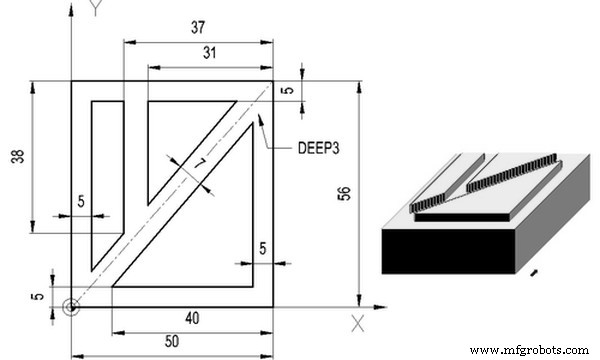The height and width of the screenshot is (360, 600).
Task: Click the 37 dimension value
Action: pos(198,29)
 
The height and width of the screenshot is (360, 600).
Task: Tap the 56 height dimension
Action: pos(344,195)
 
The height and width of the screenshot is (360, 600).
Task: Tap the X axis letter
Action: pos(357,322)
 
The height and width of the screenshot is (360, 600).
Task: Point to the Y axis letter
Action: pos(95,9)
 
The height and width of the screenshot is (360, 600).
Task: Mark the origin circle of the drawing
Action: pos(70,307)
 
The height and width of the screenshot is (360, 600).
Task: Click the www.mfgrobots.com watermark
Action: pos(528,350)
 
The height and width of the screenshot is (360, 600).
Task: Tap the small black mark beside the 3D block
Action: pos(535,272)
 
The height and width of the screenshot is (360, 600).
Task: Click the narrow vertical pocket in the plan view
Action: pos(107,180)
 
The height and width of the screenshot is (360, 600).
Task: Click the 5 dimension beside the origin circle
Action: pos(38,297)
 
